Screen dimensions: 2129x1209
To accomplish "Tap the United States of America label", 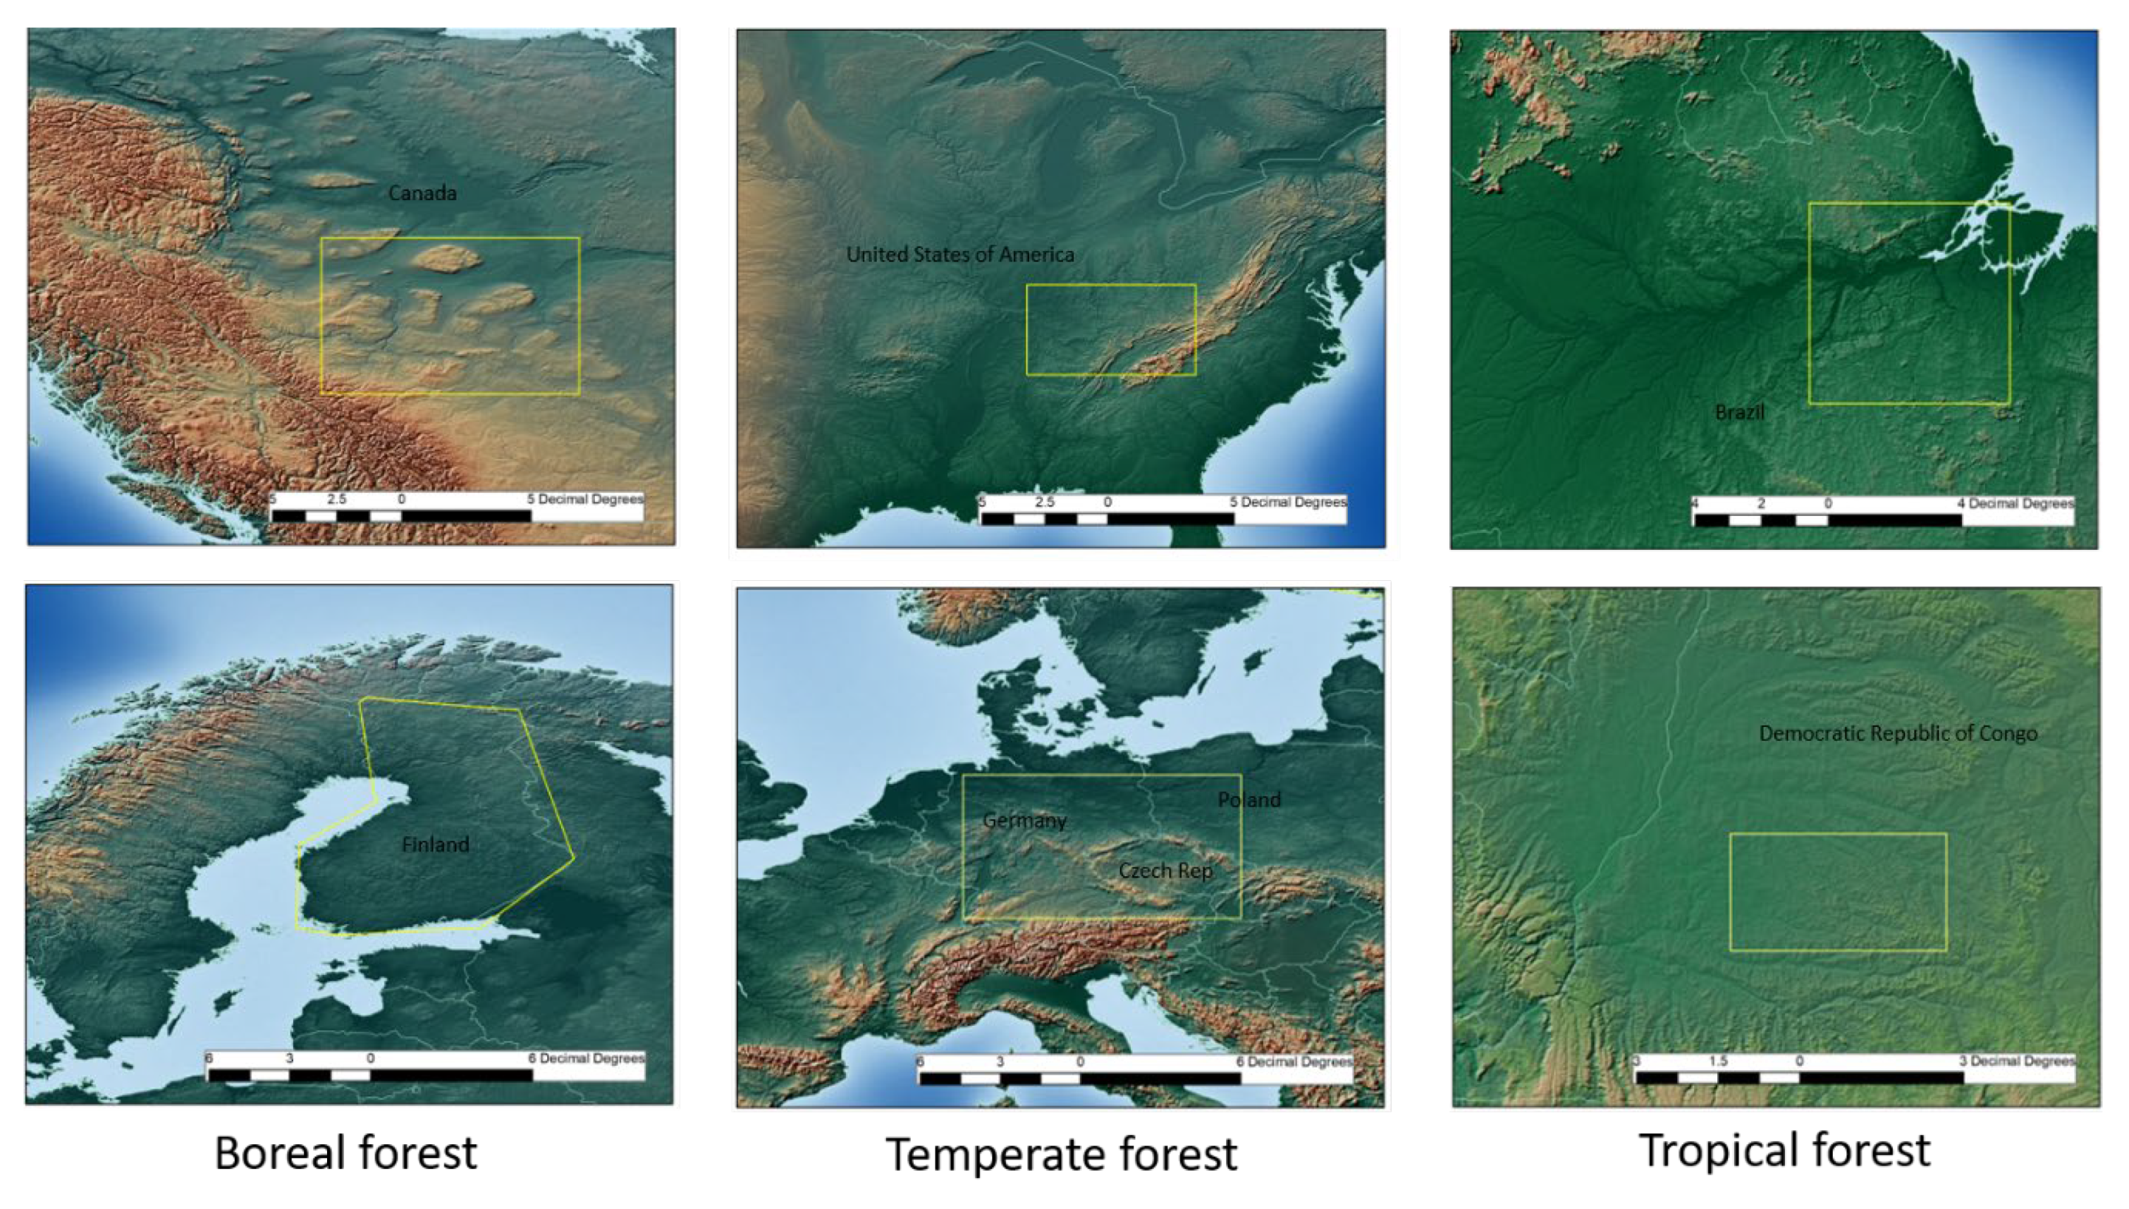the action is (x=960, y=255).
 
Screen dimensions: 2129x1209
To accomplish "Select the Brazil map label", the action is (x=1740, y=412).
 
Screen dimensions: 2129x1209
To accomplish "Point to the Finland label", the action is (x=435, y=845).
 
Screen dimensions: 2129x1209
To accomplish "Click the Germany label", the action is (x=1024, y=821).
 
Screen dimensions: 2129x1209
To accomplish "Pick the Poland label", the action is (x=1248, y=799).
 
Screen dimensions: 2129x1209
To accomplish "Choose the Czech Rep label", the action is (x=1165, y=871).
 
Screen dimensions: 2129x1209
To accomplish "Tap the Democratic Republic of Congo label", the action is (x=1897, y=733).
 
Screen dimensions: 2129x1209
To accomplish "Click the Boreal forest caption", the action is (x=345, y=1153).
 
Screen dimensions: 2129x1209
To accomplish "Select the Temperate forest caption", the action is (x=1061, y=1155).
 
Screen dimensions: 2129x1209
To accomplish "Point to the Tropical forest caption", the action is (x=1784, y=1151).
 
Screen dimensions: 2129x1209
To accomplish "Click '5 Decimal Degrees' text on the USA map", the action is (x=1288, y=503).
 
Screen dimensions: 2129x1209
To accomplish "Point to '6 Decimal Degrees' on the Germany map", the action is (x=1294, y=1062).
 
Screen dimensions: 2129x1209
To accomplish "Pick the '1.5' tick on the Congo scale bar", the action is (x=1718, y=1061).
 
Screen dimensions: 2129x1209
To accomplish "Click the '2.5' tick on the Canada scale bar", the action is (x=336, y=499).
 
